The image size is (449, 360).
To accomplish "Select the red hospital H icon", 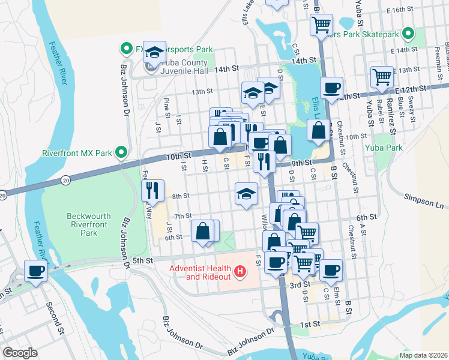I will point(240,272).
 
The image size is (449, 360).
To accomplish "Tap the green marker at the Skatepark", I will point(408,34).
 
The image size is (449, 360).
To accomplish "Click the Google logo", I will point(20,352).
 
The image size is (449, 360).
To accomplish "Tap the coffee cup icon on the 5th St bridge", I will point(35,271).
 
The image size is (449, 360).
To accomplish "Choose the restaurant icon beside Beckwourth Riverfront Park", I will point(152,190).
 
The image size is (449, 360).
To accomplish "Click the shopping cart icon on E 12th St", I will point(381,76).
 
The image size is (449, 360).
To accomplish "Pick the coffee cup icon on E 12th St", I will point(331,88).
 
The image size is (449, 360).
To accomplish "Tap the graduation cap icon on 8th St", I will point(246,193).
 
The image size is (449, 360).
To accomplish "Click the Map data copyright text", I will point(423,355).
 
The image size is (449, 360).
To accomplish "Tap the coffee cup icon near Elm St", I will point(330,270).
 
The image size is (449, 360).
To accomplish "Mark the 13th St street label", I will point(202,92).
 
